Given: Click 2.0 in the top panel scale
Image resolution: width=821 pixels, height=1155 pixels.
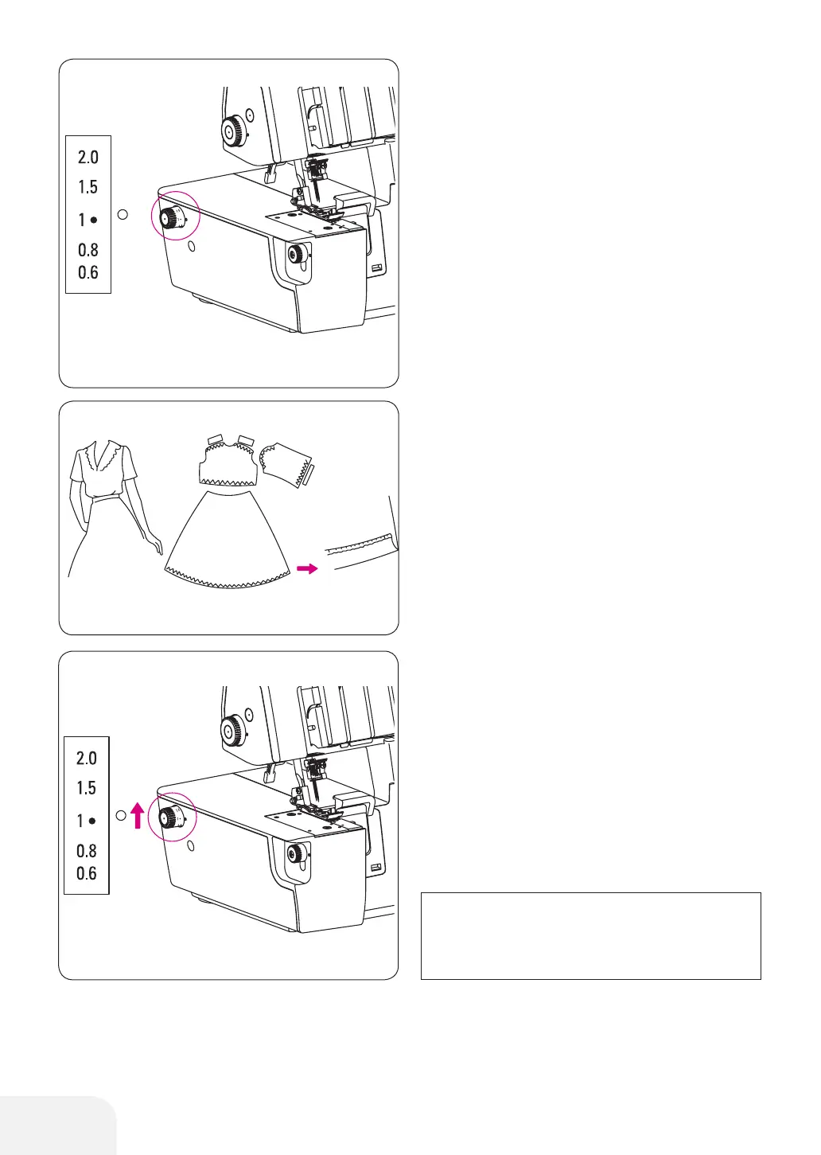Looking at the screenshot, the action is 88,158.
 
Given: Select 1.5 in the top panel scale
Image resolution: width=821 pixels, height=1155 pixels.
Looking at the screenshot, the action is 88,187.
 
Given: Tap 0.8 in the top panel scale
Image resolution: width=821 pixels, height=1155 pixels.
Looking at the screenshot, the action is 88,250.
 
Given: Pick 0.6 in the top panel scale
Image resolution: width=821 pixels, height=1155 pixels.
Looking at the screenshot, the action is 88,273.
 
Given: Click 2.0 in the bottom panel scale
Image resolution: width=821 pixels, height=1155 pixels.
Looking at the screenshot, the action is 87,759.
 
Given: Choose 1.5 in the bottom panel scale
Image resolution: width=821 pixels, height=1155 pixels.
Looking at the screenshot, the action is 87,788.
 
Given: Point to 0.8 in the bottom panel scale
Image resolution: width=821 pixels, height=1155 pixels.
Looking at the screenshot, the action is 87,851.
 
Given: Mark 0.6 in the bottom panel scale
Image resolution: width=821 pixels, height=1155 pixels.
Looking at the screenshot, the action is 87,874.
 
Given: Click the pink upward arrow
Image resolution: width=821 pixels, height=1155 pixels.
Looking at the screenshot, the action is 137,815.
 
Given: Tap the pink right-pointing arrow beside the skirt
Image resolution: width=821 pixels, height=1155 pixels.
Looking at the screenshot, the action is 306,568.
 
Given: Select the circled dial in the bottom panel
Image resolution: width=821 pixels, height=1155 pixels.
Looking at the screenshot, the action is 169,818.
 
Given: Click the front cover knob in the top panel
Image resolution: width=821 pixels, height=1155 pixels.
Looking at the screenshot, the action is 297,255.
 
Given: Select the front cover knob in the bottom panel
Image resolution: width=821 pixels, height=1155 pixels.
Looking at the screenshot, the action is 297,855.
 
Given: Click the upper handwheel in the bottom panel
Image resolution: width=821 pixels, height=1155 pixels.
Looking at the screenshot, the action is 234,728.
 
